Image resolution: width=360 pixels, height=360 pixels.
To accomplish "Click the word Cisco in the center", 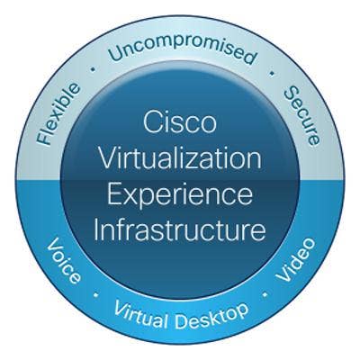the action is (180, 122).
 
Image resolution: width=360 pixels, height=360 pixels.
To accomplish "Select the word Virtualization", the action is (180, 158).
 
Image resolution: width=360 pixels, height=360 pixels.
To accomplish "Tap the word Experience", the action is (180, 196).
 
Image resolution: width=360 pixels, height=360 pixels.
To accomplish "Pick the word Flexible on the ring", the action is (58, 114).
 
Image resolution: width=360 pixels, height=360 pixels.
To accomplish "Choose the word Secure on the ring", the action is (301, 116).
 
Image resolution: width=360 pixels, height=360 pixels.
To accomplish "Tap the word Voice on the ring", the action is (64, 260).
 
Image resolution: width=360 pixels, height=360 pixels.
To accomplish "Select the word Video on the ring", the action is (295, 260).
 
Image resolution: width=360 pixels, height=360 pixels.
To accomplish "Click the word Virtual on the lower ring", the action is (140, 314).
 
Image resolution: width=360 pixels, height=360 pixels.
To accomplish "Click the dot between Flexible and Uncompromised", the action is (94, 69).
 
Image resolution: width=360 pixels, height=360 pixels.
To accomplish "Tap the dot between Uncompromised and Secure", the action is (272, 73).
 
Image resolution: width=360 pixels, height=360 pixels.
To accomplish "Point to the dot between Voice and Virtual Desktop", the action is (96, 295).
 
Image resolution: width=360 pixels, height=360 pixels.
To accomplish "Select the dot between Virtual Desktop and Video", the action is (265, 294).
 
